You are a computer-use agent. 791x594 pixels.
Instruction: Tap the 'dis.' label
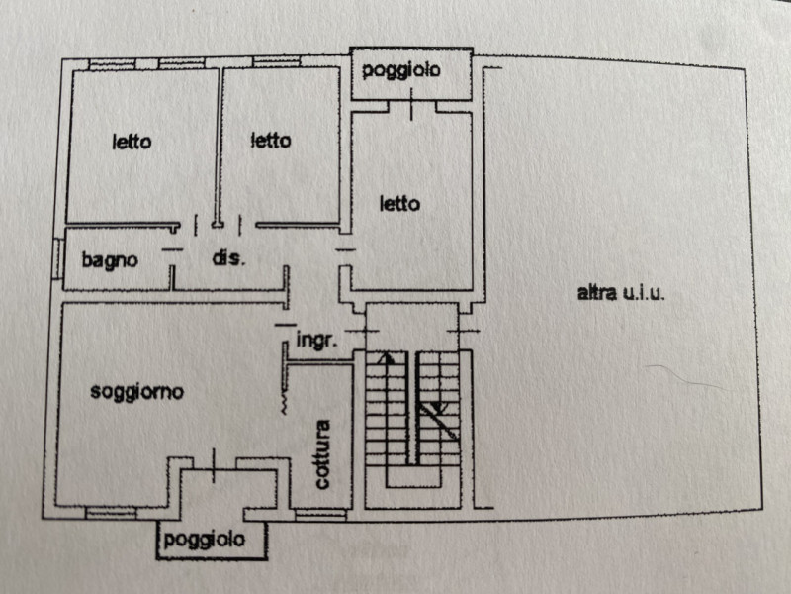click(228, 258)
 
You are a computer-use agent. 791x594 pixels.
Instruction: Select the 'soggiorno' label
click(136, 391)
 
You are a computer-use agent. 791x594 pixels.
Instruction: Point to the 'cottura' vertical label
click(322, 455)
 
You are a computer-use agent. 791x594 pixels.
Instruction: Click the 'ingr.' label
click(318, 340)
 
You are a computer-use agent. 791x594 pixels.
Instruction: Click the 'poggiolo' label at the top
click(400, 71)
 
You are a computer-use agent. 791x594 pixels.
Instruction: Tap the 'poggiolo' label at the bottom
click(203, 540)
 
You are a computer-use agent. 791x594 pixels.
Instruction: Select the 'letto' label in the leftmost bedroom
click(132, 142)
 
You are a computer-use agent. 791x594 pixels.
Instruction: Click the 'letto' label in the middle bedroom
click(270, 141)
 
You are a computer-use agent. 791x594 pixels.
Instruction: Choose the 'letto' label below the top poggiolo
click(399, 204)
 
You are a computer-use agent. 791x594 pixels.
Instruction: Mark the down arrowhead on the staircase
click(439, 408)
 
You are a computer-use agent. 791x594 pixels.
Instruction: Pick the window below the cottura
click(321, 515)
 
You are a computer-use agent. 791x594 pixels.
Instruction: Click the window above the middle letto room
click(275, 63)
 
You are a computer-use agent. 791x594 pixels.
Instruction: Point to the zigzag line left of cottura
click(286, 401)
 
